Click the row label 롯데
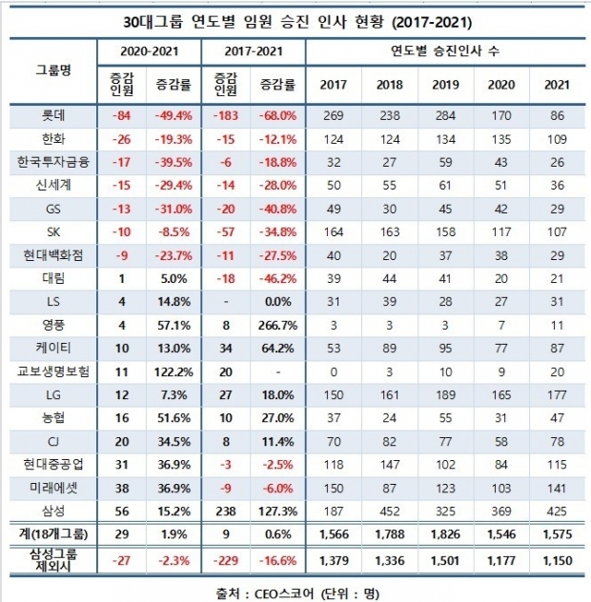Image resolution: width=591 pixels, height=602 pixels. tap(53, 115)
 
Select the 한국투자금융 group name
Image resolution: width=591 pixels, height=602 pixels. tap(53, 162)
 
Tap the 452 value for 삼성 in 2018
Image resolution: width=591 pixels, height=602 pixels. tap(389, 512)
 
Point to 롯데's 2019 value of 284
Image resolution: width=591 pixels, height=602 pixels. tap(445, 115)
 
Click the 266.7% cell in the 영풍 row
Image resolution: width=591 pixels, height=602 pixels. tap(277, 326)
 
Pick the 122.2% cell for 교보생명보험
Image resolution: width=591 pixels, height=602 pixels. tap(173, 372)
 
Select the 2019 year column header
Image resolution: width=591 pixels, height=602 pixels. tap(445, 85)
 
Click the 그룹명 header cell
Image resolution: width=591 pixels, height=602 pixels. tap(53, 70)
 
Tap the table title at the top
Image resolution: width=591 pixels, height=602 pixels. tap(297, 22)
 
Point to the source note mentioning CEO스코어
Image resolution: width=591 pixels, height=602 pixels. tap(297, 593)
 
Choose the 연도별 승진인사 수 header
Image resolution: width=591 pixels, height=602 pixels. tap(445, 51)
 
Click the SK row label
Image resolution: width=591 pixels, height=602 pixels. tap(53, 231)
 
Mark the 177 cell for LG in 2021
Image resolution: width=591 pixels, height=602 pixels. tap(558, 395)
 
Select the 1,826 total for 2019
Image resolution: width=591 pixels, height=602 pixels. tap(445, 534)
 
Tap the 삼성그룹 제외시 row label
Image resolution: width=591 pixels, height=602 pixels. tap(53, 560)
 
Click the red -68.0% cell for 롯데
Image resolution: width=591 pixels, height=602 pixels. tap(277, 115)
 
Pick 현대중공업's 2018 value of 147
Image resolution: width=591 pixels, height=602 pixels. tap(389, 465)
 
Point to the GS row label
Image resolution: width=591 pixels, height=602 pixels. tap(53, 209)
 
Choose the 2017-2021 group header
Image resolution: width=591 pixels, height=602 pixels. tap(254, 51)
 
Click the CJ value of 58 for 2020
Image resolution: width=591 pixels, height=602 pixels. tap(501, 442)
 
